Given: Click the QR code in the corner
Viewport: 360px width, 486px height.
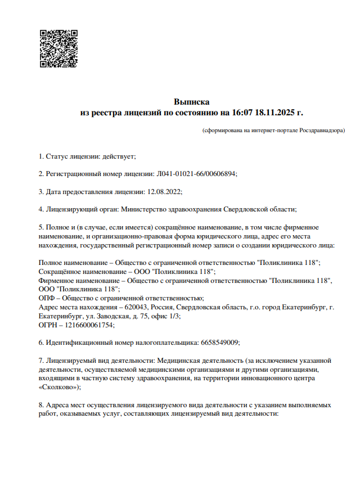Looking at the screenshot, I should [x=58, y=48].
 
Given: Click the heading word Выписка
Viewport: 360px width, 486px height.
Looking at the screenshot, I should [x=191, y=102].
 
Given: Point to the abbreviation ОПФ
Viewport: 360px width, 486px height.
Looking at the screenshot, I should [x=47, y=298].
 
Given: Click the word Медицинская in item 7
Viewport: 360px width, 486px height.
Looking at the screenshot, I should [x=182, y=360].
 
